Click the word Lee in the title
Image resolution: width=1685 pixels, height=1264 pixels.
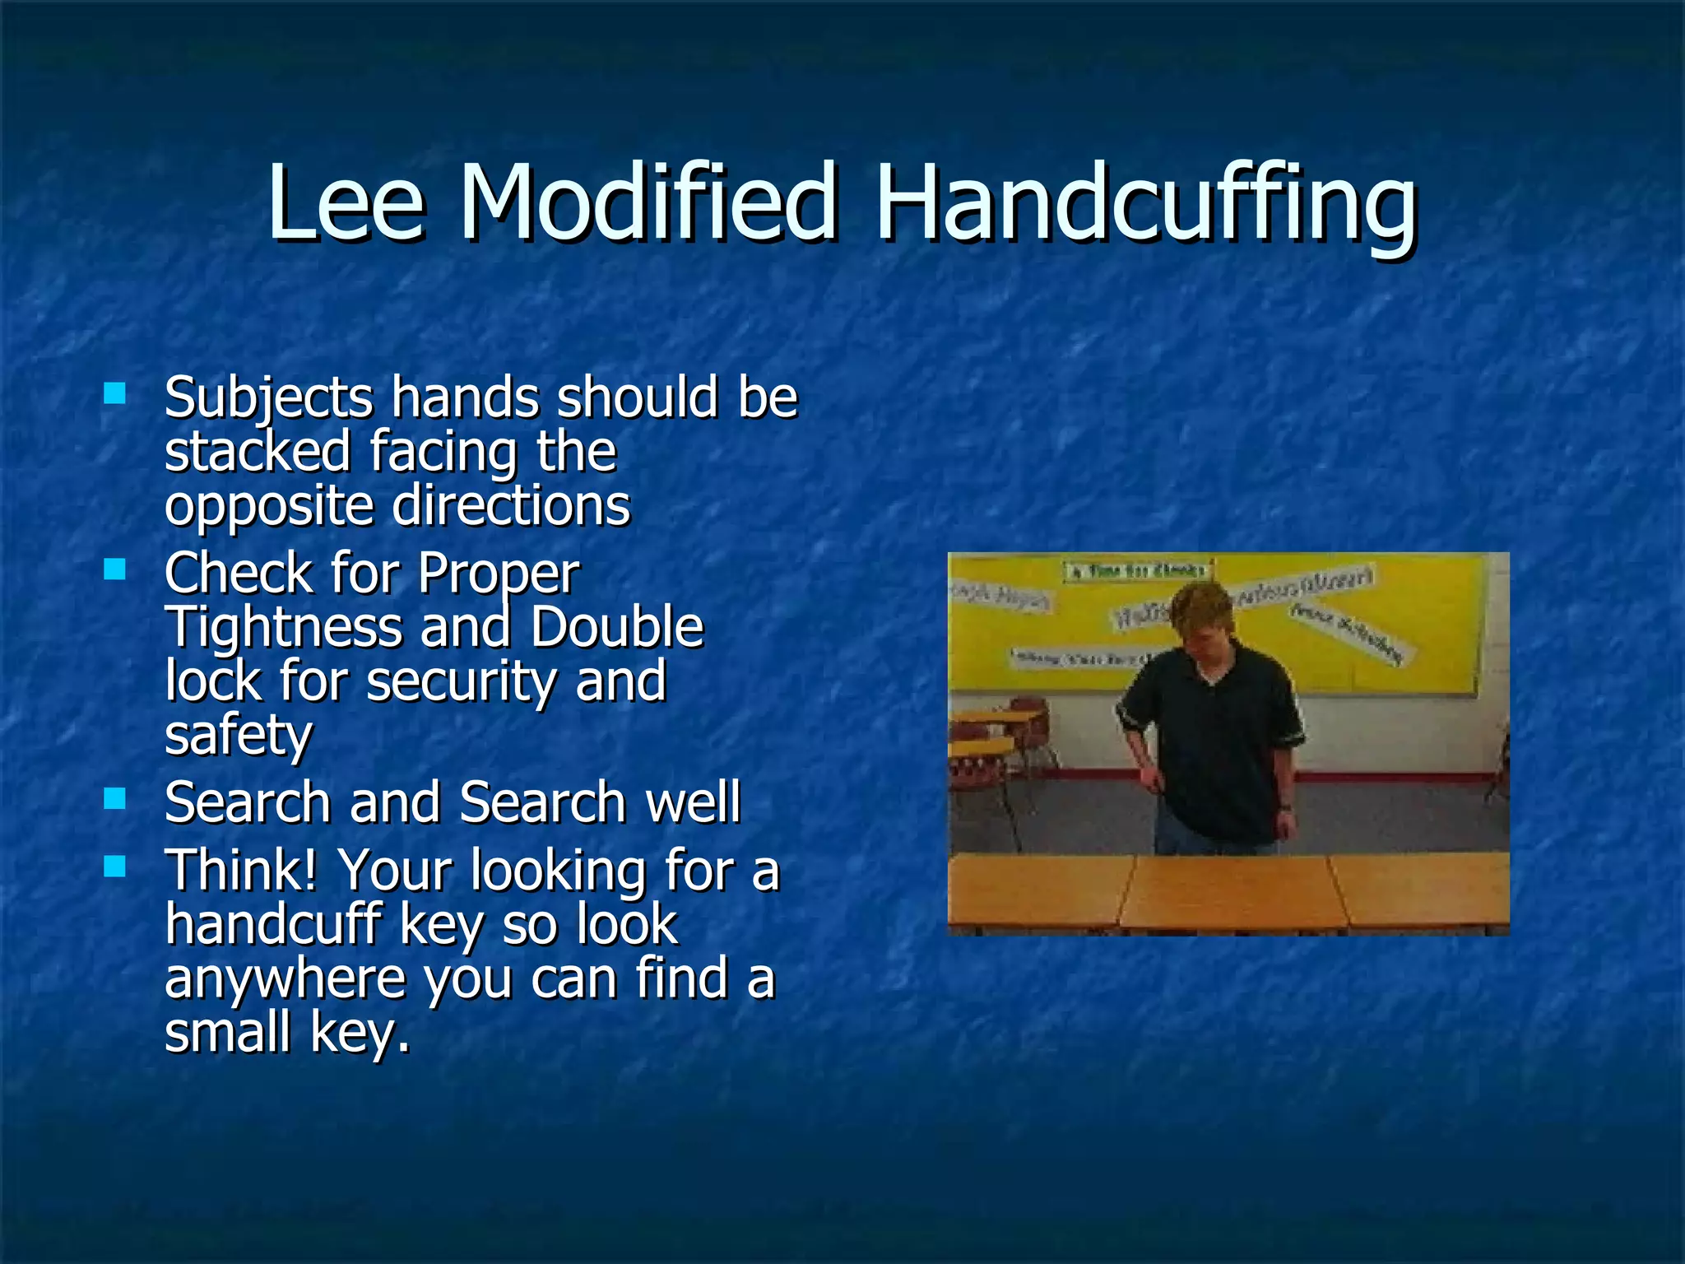click(x=346, y=202)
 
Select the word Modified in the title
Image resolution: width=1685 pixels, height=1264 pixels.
click(x=648, y=202)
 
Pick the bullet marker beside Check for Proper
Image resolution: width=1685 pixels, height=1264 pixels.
click(x=115, y=569)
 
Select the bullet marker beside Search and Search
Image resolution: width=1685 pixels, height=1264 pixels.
click(x=115, y=798)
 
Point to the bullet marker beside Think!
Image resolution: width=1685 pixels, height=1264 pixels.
click(x=115, y=867)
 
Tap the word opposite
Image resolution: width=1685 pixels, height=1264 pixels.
click(x=269, y=507)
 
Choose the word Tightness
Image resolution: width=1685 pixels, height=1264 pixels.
click(x=284, y=628)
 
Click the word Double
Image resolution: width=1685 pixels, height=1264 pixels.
click(x=617, y=628)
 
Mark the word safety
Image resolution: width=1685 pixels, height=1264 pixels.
click(x=239, y=736)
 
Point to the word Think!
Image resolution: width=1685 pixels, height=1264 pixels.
click(x=241, y=871)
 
